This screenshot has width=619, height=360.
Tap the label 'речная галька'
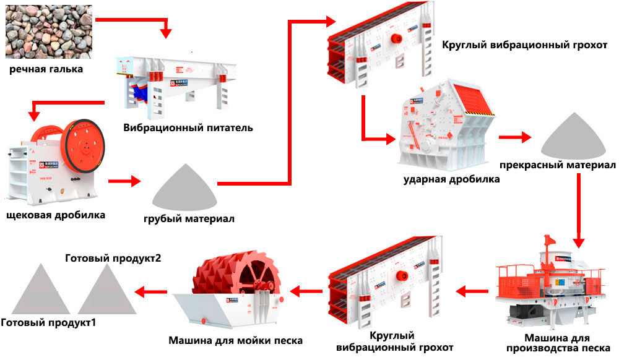coord(46,69)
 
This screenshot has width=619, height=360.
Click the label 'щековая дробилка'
coord(55,215)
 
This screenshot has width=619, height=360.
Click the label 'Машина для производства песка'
coord(555,343)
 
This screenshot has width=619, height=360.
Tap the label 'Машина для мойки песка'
coord(235,340)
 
